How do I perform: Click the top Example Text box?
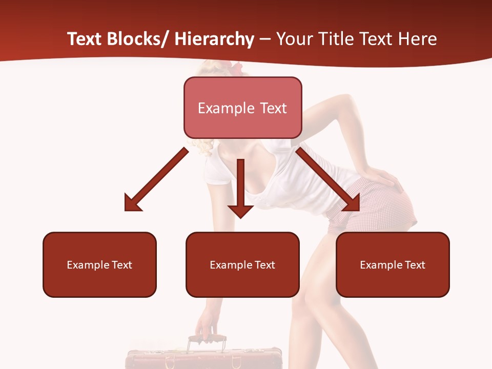242,108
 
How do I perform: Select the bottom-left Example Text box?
99,264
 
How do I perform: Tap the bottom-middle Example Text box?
242,264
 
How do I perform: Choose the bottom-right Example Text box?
393,264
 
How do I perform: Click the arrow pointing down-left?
156,179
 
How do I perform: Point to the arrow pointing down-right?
328,179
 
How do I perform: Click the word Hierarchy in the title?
214,39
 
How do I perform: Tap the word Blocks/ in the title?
136,39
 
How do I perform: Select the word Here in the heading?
418,39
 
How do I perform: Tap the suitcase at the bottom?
203,359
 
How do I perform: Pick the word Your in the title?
294,39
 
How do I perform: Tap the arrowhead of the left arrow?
132,203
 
